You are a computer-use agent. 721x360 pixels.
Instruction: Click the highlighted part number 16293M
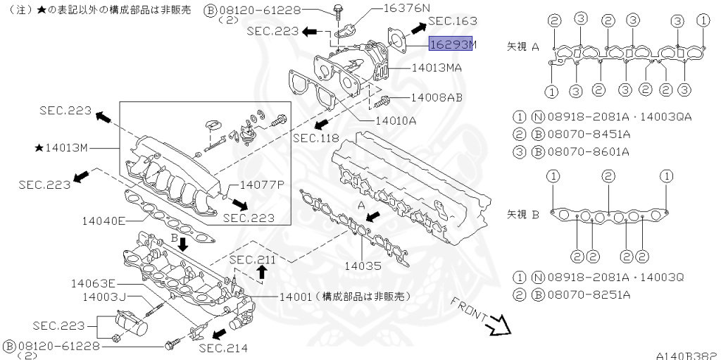pos(453,44)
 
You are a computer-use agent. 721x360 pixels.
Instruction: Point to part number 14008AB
pos(436,99)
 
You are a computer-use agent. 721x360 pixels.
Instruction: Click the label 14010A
pos(396,120)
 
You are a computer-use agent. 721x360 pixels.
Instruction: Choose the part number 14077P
pos(261,185)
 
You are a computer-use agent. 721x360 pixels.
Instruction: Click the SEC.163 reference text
pos(452,21)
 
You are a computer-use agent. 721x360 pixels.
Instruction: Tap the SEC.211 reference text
pos(251,260)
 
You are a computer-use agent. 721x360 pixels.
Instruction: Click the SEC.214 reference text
pos(222,347)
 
